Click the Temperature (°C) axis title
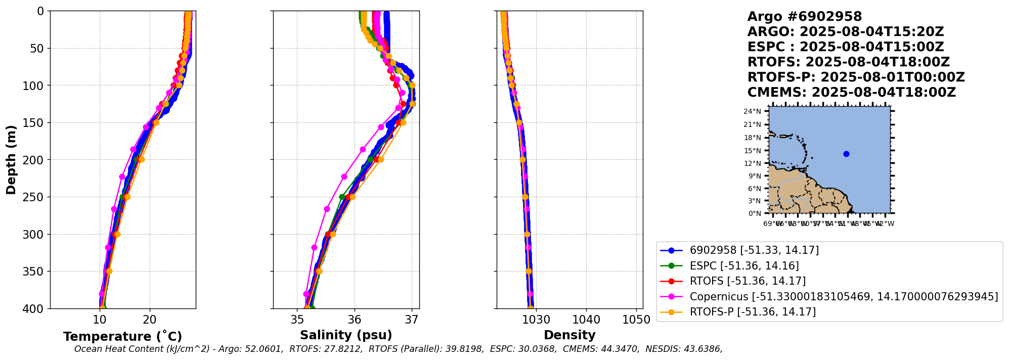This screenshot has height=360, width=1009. pos(122,337)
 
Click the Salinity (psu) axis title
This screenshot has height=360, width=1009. pos(346,335)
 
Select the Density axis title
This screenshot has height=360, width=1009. pos(569,335)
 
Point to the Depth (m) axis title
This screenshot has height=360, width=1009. pos(11,160)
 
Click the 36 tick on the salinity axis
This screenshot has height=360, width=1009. pos(355,320)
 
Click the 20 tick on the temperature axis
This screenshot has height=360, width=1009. pos(150,320)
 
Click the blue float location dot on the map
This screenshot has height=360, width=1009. pos(846,154)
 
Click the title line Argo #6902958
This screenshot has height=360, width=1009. pos(804,17)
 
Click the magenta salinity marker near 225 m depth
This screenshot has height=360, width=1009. pos(344,177)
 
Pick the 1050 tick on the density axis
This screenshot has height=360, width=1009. pos(636,320)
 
